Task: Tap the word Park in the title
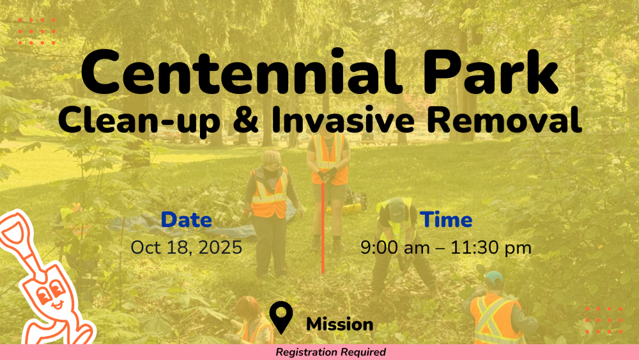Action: coord(491,72)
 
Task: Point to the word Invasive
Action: coord(343,119)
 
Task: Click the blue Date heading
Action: coord(186,220)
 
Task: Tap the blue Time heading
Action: coord(446,220)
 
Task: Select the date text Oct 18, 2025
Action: coord(186,247)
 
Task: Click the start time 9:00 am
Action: coord(395,247)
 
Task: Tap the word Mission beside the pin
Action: coord(339,325)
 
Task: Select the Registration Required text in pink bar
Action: coord(330,352)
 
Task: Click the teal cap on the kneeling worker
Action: coord(494,278)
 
